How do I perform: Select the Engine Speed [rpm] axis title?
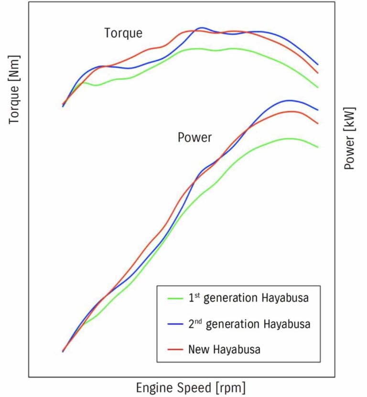pyautogui.click(x=191, y=386)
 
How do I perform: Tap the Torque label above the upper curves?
pyautogui.click(x=123, y=33)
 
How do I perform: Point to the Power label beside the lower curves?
pyautogui.click(x=194, y=138)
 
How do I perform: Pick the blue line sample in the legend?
pyautogui.click(x=175, y=324)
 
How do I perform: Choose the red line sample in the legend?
pyautogui.click(x=175, y=349)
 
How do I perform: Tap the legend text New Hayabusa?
pyautogui.click(x=225, y=349)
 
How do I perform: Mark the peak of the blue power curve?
pyautogui.click(x=289, y=100)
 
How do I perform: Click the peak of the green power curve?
pyautogui.click(x=289, y=139)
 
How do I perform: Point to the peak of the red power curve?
pyautogui.click(x=292, y=111)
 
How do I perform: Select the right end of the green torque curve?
pyautogui.click(x=318, y=87)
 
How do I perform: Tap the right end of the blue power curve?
pyautogui.click(x=318, y=110)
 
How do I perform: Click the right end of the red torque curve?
pyautogui.click(x=318, y=73)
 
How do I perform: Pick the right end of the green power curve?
pyautogui.click(x=318, y=147)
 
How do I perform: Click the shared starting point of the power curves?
pyautogui.click(x=63, y=351)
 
